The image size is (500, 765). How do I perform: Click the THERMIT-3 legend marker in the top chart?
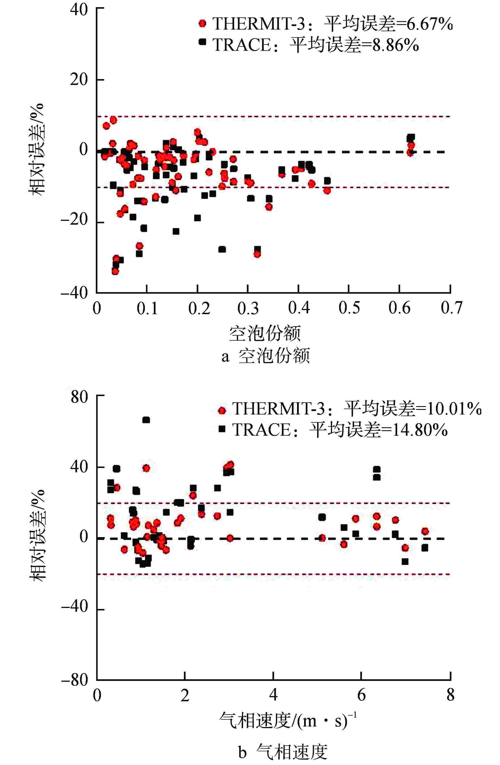(202, 23)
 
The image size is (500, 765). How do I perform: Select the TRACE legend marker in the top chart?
(202, 42)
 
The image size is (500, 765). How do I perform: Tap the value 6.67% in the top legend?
(429, 24)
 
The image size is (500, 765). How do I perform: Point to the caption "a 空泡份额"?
(265, 356)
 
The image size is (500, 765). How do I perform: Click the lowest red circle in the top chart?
(115, 271)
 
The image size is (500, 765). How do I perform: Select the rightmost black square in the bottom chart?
(425, 548)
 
